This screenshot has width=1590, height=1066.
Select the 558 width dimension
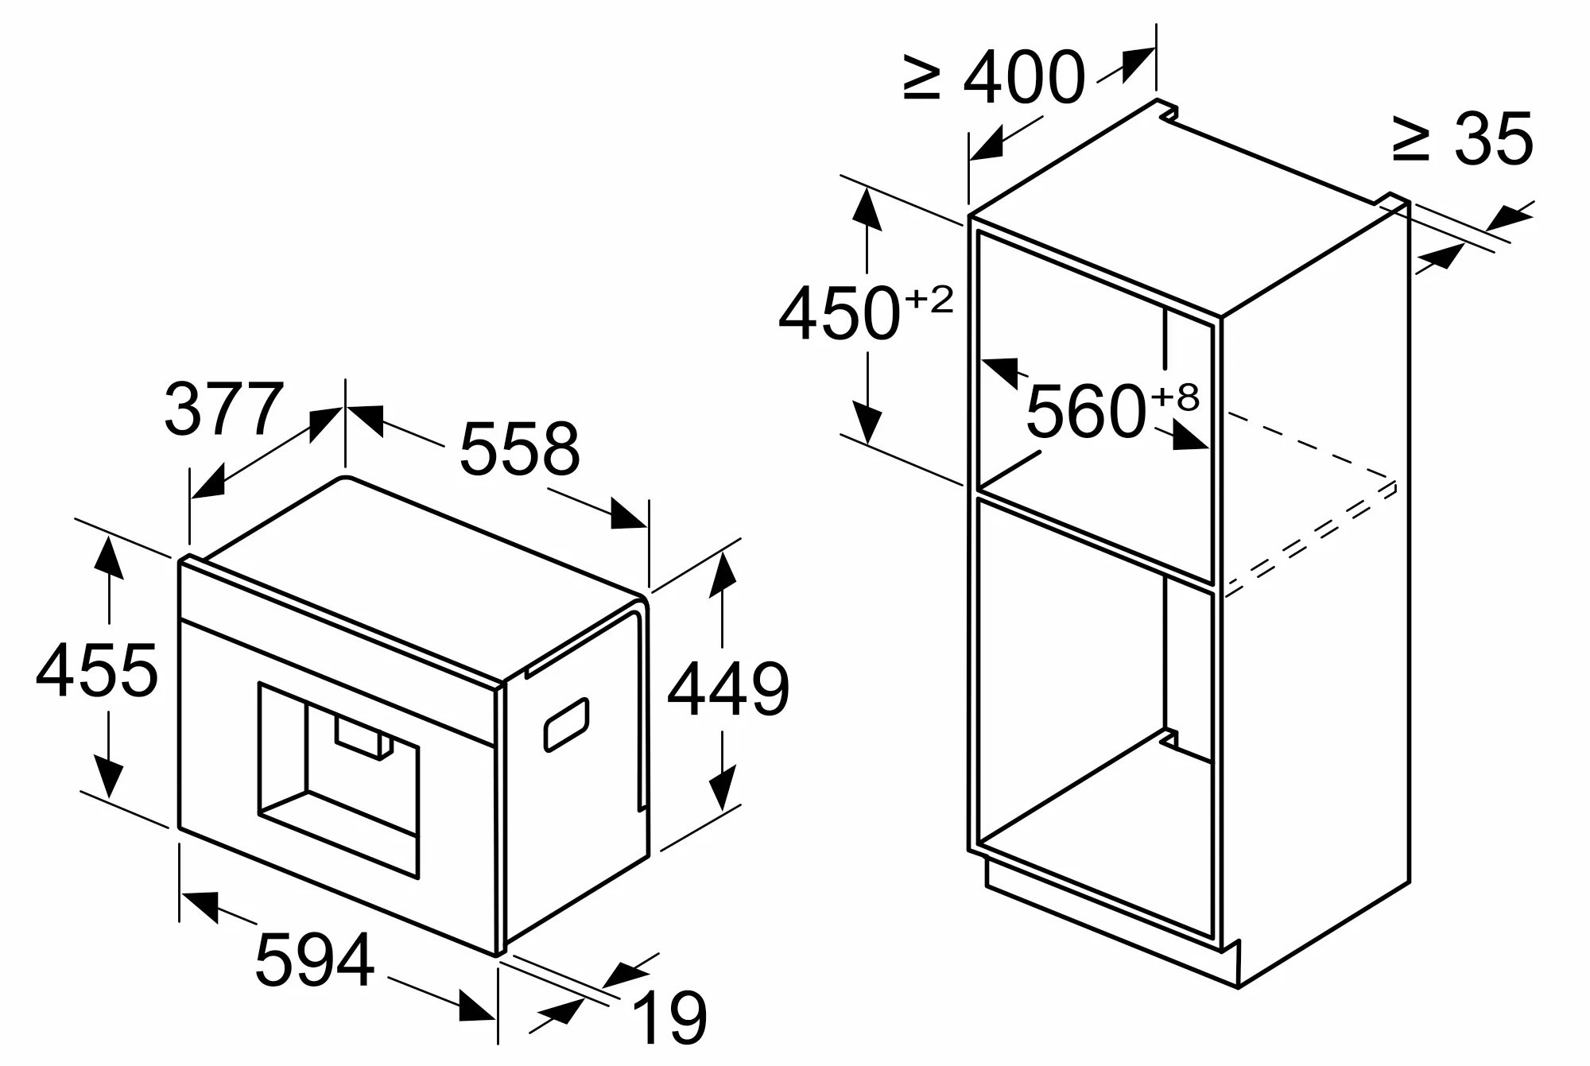click(x=520, y=448)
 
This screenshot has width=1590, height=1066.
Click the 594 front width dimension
click(x=315, y=959)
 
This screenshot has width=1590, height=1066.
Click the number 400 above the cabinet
click(x=1024, y=76)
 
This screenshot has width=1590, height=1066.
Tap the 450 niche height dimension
click(x=839, y=313)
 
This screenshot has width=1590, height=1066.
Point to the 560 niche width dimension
click(x=1086, y=410)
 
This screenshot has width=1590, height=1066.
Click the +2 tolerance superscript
click(x=929, y=300)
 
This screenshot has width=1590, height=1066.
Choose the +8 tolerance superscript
click(x=1174, y=397)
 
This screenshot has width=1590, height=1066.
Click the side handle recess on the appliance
click(x=566, y=724)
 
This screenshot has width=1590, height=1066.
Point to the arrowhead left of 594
click(x=200, y=905)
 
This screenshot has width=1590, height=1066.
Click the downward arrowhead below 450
click(x=867, y=422)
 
